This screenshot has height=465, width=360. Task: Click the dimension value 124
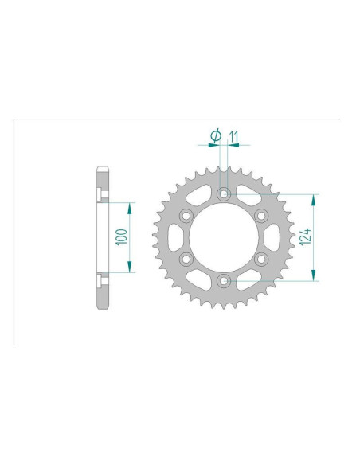(x=307, y=236)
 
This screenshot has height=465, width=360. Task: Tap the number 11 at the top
(x=233, y=137)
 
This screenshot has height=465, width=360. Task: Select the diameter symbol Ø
(x=214, y=137)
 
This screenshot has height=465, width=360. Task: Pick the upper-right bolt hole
(x=261, y=215)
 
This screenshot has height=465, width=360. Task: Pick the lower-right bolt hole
(x=261, y=259)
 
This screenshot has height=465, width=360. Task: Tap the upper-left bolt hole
(x=186, y=215)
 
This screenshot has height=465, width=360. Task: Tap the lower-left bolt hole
(x=186, y=259)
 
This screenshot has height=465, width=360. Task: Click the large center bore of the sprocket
(x=224, y=236)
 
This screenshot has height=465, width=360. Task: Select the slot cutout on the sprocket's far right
(x=273, y=236)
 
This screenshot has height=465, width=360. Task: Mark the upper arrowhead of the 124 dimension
(x=315, y=197)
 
